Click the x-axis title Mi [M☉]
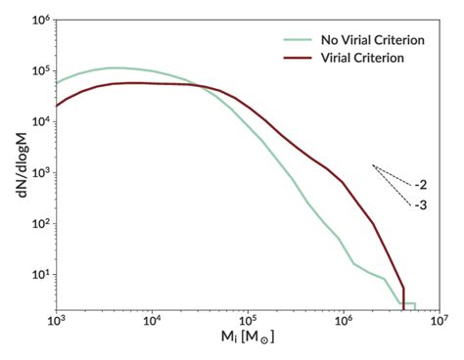(247, 342)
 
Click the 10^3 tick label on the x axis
(56, 320)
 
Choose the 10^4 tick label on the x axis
(152, 320)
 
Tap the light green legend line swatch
(291, 40)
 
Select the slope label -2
(420, 184)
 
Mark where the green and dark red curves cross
(200, 87)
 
